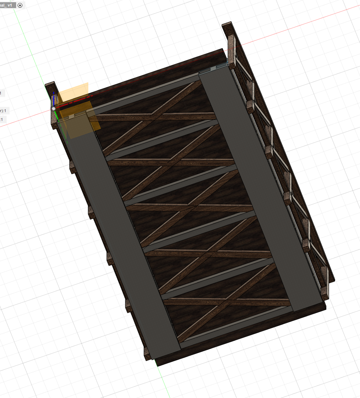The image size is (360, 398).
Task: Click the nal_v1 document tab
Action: click(7, 5)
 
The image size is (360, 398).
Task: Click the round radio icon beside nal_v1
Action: click(20, 5)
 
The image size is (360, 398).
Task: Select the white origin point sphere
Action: click(54, 108)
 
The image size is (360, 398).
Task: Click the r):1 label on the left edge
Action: click(4, 111)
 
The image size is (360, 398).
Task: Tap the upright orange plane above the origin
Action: click(73, 92)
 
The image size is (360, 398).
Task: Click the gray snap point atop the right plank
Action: click(228, 65)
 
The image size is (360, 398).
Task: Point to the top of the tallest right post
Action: click(227, 25)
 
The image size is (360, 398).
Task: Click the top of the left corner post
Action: click(50, 85)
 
